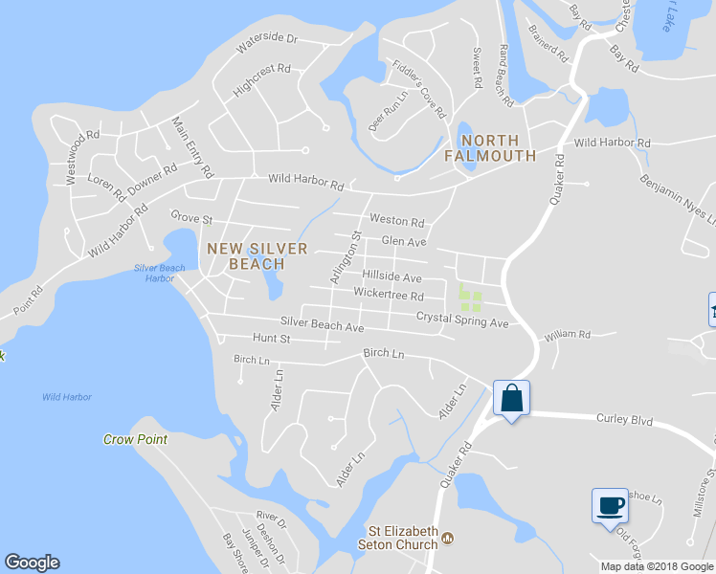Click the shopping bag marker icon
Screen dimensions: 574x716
click(x=511, y=397)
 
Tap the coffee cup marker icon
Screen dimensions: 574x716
click(x=609, y=504)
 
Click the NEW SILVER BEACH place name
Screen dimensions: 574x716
click(x=257, y=255)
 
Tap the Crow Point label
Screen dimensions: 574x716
click(x=135, y=439)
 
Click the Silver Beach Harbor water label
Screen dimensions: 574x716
click(x=160, y=274)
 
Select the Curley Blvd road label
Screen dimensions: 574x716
click(x=623, y=418)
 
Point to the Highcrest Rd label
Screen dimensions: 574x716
click(x=260, y=81)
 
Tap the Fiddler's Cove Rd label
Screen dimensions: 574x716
click(x=419, y=89)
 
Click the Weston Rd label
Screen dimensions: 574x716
click(x=396, y=220)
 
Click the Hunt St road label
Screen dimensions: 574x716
click(x=271, y=339)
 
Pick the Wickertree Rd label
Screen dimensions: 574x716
click(x=388, y=295)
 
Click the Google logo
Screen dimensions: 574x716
click(x=32, y=563)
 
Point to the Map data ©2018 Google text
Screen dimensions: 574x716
click(x=656, y=566)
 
